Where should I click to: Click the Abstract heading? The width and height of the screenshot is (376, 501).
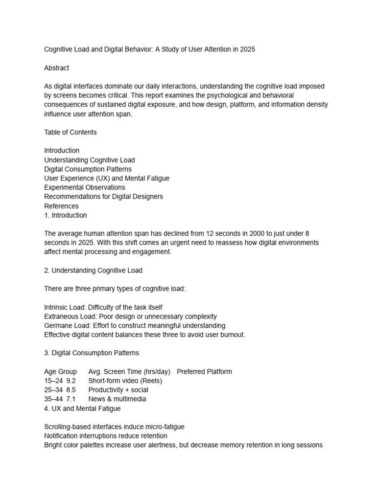pyautogui.click(x=56, y=68)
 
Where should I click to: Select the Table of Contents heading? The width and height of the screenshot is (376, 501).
pyautogui.click(x=70, y=132)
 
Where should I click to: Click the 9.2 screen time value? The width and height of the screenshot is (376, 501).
pyautogui.click(x=71, y=381)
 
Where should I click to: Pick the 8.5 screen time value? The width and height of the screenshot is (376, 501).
pyautogui.click(x=71, y=390)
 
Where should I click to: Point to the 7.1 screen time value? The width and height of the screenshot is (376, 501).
pyautogui.click(x=70, y=399)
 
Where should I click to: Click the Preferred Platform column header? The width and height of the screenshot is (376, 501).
pyautogui.click(x=204, y=371)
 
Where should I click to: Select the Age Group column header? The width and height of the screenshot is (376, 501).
pyautogui.click(x=60, y=371)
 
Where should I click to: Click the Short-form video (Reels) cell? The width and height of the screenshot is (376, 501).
pyautogui.click(x=125, y=381)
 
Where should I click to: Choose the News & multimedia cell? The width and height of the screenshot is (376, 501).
pyautogui.click(x=117, y=399)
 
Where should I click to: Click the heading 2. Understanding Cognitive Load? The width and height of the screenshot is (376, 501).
pyautogui.click(x=93, y=270)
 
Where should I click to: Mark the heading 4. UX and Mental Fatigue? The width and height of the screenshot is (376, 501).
pyautogui.click(x=82, y=409)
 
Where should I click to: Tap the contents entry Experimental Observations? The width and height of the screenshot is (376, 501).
pyautogui.click(x=84, y=187)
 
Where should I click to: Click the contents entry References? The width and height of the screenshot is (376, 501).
pyautogui.click(x=61, y=206)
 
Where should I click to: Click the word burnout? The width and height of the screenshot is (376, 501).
pyautogui.click(x=232, y=335)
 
